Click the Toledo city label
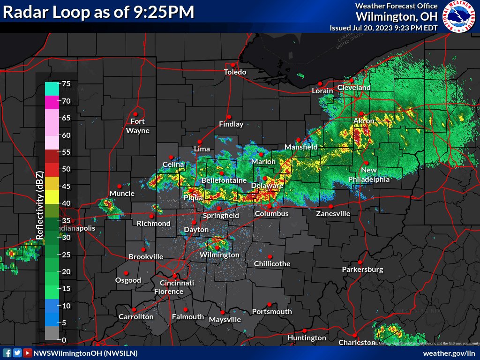pos(235,72)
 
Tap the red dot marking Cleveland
pos(351,81)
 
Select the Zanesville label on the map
pos(333,213)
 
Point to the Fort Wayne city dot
pos(135,114)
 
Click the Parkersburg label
pos(362,270)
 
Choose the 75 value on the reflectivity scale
pos(66,84)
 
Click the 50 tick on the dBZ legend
pos(66,169)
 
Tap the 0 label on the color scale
pos(64,340)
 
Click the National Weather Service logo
pos(459,16)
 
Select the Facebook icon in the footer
pos(7,353)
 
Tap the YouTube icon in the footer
pos(28,353)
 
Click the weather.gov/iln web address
pos(449,353)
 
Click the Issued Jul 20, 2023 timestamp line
pos(383,28)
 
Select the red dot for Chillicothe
pos(270,256)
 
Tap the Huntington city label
pos(307,337)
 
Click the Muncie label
pos(122,193)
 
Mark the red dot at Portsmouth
pos(270,304)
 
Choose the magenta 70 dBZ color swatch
pos(52,101)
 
